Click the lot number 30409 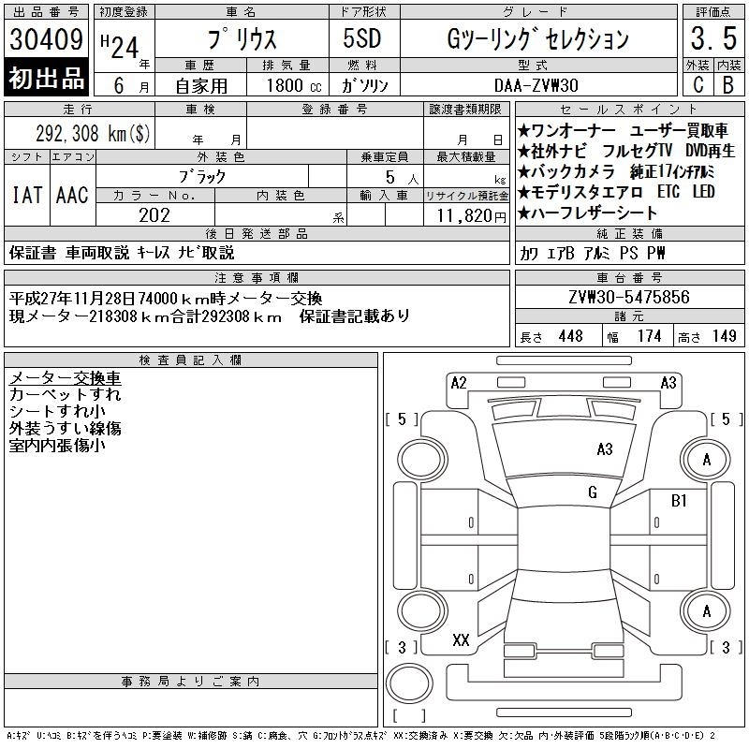[x=46, y=39]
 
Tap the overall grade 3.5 [x=713, y=38]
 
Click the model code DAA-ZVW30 [x=536, y=85]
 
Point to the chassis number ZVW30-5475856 [x=628, y=297]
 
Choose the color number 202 [x=154, y=215]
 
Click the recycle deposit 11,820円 [x=472, y=216]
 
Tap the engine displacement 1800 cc [x=294, y=85]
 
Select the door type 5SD [x=362, y=38]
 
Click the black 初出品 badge [x=46, y=78]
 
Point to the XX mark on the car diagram [x=461, y=639]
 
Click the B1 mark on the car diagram [x=679, y=500]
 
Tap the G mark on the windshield [x=593, y=492]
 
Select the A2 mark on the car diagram [x=459, y=383]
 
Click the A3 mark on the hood [x=605, y=449]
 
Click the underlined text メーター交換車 [x=65, y=378]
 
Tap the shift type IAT [x=27, y=195]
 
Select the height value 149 [x=724, y=336]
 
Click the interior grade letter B [x=728, y=85]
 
